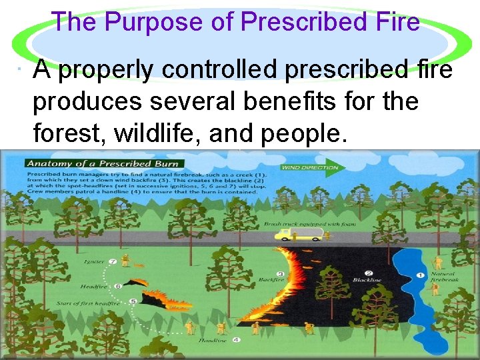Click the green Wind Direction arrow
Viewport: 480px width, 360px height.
click(x=311, y=167)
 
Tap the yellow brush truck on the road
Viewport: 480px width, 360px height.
click(x=301, y=235)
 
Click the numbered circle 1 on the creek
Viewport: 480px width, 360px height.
click(x=420, y=274)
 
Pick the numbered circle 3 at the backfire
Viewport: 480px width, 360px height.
click(x=281, y=273)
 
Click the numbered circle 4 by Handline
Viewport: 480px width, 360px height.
click(x=236, y=340)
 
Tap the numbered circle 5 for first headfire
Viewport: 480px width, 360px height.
click(x=133, y=301)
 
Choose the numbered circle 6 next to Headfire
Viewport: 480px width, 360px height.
click(x=117, y=286)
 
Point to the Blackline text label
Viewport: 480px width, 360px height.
click(x=367, y=280)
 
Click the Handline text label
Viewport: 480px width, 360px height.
click(x=212, y=341)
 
